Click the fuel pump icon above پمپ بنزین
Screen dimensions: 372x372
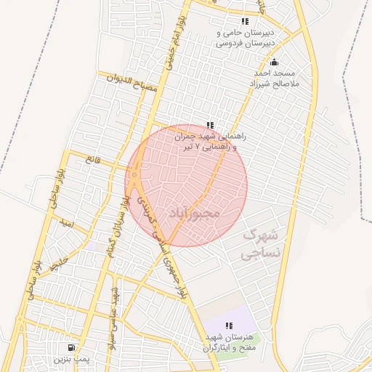(x=71, y=347)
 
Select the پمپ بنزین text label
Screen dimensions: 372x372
(x=71, y=359)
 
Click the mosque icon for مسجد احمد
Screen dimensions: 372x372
(x=273, y=62)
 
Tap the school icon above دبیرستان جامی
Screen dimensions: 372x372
(x=244, y=22)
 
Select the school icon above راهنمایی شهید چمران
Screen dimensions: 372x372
(x=210, y=125)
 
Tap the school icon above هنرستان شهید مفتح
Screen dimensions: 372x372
(x=229, y=325)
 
